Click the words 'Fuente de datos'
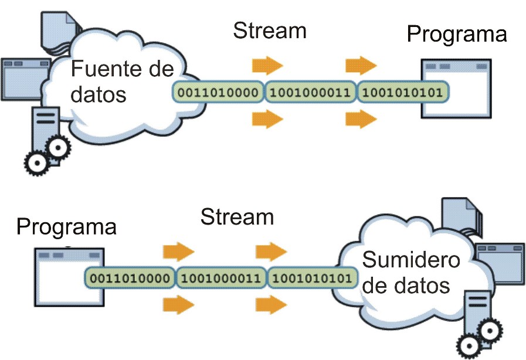[x=123, y=81]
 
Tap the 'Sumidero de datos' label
[x=411, y=273]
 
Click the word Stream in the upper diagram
[x=270, y=30]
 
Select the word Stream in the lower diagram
[x=237, y=217]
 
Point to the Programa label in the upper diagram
[x=457, y=35]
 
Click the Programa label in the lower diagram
[x=66, y=227]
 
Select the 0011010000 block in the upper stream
[x=218, y=92]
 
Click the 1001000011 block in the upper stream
[x=310, y=92]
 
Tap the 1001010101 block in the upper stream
[x=402, y=92]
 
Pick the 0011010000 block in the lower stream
[x=130, y=278]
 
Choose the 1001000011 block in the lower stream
[x=221, y=278]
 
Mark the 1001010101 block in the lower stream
[x=312, y=278]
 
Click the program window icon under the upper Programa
[x=456, y=89]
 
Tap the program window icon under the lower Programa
[x=69, y=277]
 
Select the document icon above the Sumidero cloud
[x=462, y=216]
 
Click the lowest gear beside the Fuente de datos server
[x=37, y=164]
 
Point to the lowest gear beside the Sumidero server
[x=470, y=345]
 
